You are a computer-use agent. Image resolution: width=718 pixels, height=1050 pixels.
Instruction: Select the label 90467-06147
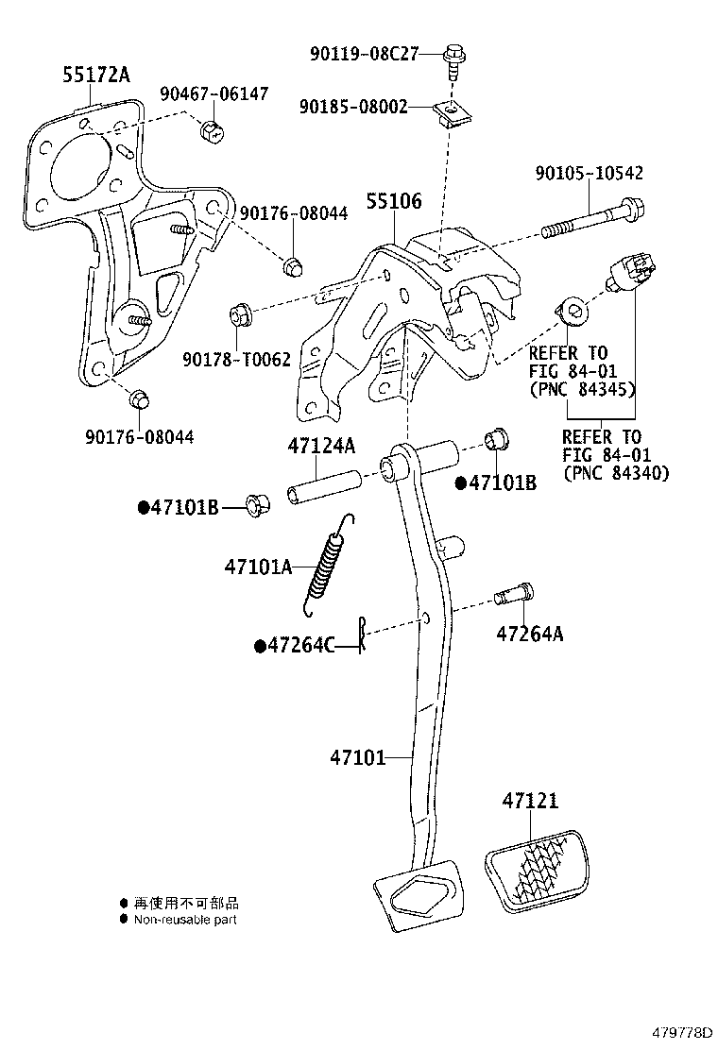click(214, 94)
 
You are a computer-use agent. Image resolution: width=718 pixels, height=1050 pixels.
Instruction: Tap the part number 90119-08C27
click(364, 54)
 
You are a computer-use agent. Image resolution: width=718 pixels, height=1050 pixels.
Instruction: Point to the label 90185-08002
click(353, 108)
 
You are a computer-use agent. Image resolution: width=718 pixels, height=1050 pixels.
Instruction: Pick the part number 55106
click(394, 201)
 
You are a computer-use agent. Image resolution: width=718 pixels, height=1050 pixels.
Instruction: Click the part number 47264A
click(529, 635)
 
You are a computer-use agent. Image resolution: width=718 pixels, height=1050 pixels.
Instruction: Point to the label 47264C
click(301, 645)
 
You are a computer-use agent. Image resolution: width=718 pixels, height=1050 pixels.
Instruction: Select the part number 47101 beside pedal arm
click(358, 757)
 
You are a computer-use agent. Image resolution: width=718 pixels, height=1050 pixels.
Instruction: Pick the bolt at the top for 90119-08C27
click(452, 56)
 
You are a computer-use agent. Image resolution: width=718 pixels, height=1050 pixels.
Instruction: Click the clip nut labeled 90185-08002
click(450, 113)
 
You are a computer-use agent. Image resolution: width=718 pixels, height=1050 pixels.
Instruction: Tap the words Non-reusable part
click(185, 920)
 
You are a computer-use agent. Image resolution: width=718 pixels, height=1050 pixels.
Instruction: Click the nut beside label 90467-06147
click(213, 130)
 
